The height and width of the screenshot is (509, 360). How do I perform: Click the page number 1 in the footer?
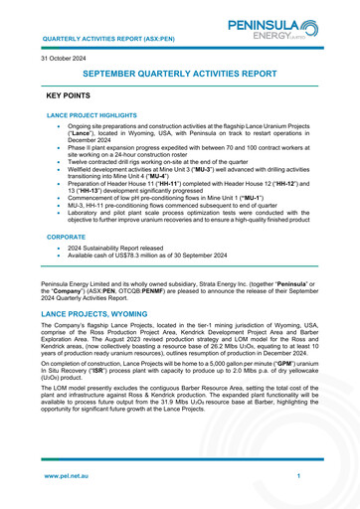[298, 477]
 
